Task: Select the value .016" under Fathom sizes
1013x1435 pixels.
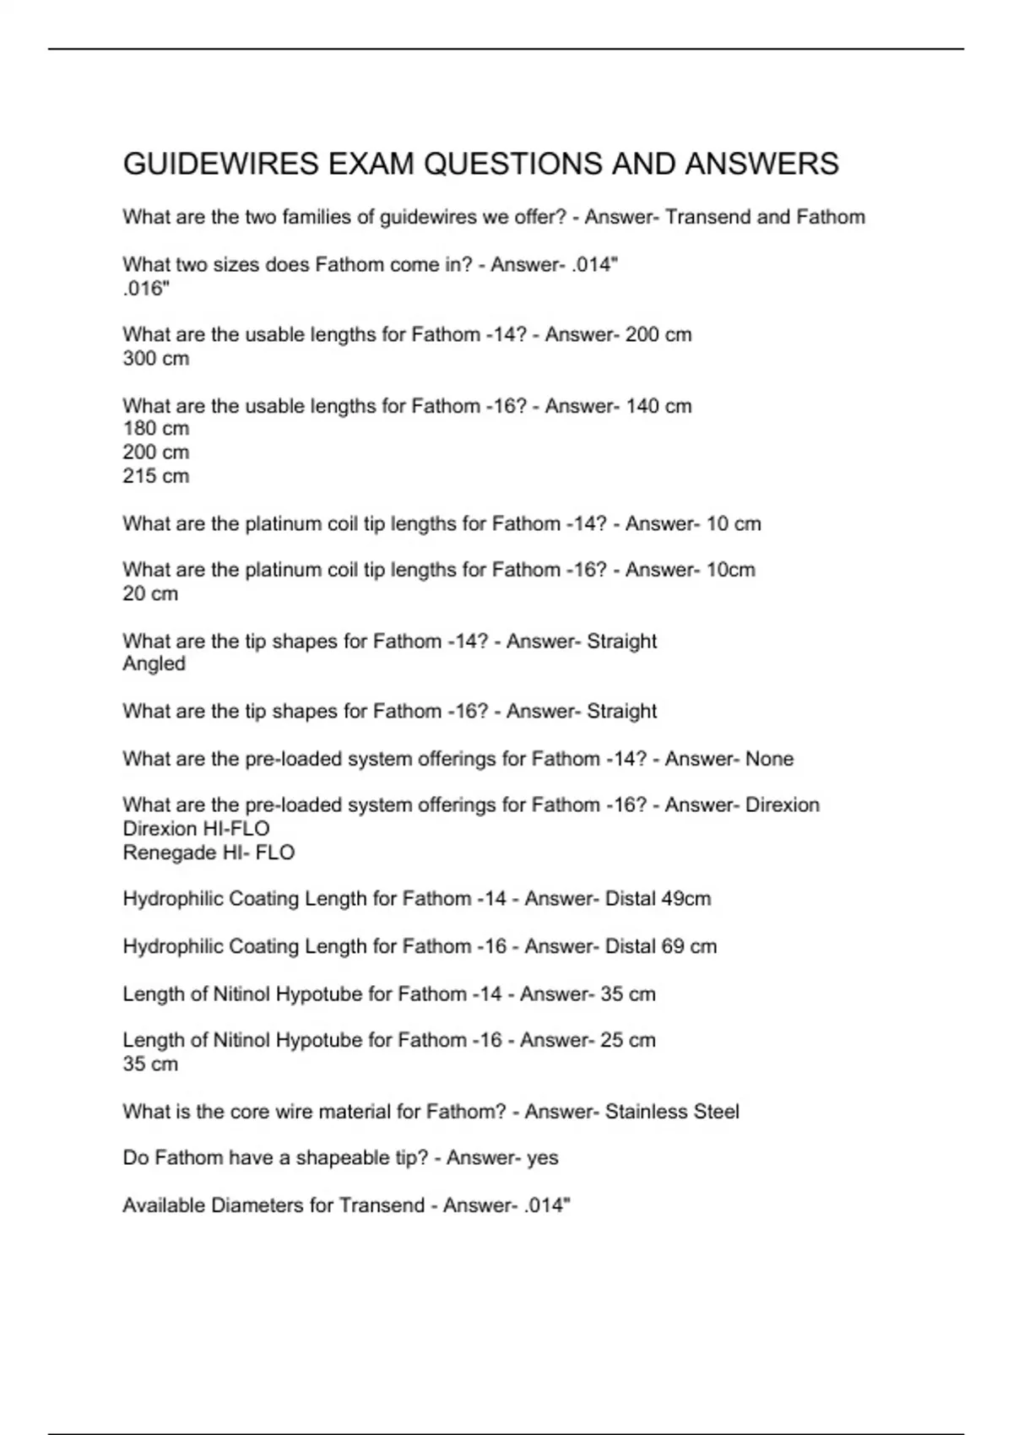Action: tap(146, 289)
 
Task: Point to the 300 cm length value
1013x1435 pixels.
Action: tap(156, 359)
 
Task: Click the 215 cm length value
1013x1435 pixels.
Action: tap(156, 476)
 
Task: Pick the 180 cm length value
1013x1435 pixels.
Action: tap(156, 429)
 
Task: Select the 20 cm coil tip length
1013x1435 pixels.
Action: tap(150, 593)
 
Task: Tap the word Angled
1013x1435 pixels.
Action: tap(154, 663)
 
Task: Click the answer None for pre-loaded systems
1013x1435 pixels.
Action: tap(769, 759)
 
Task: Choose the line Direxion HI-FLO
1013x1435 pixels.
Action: tap(196, 829)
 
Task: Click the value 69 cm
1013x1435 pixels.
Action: tap(689, 946)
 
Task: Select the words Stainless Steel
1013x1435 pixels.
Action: tap(672, 1112)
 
